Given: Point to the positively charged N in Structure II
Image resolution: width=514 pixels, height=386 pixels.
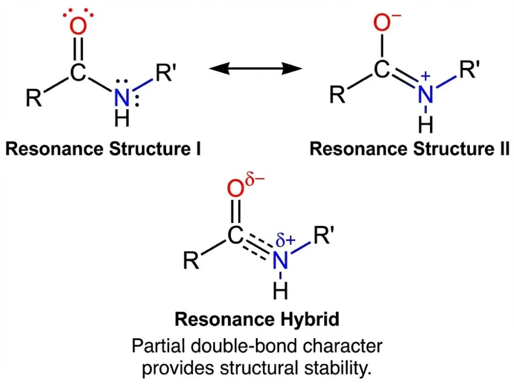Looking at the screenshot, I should [x=424, y=94].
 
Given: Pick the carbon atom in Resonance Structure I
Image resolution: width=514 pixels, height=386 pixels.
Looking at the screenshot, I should [x=77, y=73].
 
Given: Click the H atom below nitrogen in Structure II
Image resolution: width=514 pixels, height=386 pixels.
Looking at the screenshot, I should [x=425, y=125].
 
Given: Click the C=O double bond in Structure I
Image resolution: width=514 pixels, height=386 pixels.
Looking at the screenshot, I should [x=77, y=50].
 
